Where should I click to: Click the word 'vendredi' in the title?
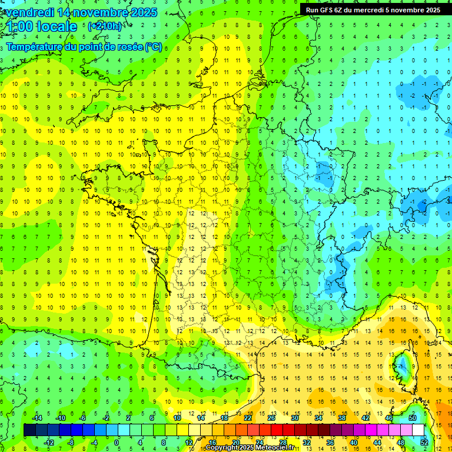30,12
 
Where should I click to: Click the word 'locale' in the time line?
56,26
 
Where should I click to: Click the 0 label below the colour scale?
117,442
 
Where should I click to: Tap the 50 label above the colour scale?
412,418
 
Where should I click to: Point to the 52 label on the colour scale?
424,442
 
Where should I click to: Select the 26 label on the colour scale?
271,418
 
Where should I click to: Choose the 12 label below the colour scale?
189,442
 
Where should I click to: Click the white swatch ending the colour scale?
418,430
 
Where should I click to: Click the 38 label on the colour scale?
342,418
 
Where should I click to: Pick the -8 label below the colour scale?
71,442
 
